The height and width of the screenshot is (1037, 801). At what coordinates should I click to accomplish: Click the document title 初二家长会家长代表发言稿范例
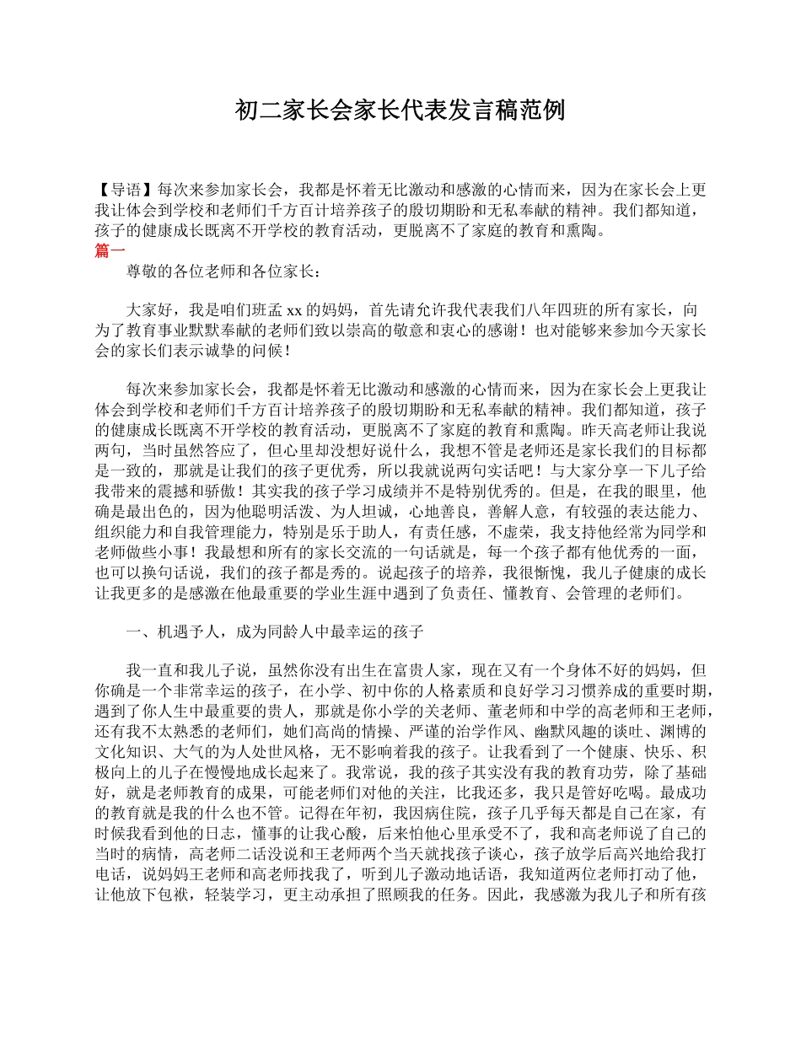tap(400, 110)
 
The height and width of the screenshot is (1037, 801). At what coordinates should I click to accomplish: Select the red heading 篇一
tap(110, 250)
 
